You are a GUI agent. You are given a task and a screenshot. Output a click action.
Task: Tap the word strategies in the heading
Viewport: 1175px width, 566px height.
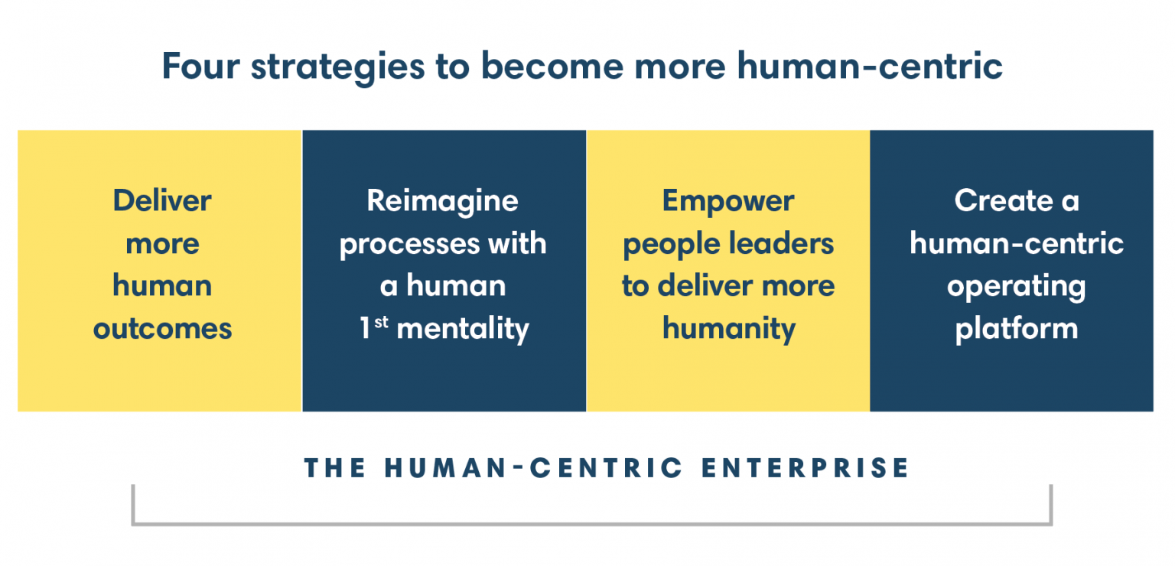click(337, 67)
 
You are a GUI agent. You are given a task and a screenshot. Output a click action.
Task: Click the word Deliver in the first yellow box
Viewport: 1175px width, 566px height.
click(162, 201)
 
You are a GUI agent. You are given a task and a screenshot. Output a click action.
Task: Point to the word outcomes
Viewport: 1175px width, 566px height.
click(162, 329)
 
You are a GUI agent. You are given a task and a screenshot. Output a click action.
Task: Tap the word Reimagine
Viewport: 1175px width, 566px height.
click(443, 201)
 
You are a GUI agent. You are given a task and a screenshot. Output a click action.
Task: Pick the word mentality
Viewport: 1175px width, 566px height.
click(464, 329)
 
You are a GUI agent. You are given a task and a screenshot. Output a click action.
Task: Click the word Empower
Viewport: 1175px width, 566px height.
click(728, 201)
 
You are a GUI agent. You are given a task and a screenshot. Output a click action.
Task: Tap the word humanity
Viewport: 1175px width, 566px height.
click(729, 329)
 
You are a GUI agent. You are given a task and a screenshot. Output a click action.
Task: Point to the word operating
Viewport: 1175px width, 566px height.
click(1016, 287)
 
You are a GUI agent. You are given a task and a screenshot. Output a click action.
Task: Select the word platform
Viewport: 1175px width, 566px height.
click(1016, 329)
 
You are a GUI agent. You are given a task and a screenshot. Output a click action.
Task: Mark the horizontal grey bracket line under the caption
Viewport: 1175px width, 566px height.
click(591, 524)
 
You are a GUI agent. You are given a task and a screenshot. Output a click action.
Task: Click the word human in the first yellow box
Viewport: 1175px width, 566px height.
click(162, 287)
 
